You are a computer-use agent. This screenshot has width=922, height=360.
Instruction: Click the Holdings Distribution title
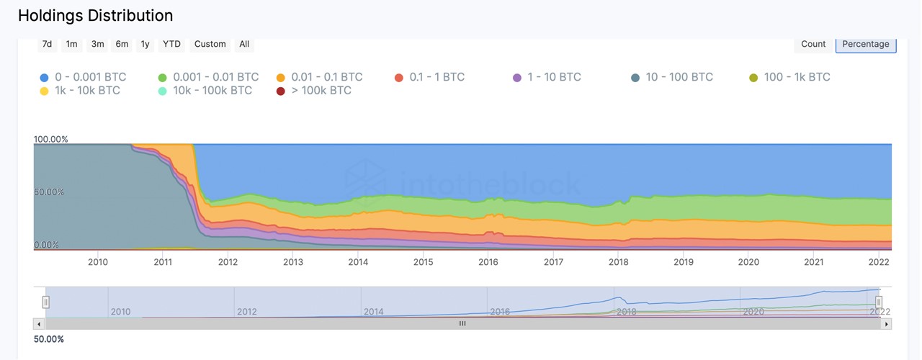95,15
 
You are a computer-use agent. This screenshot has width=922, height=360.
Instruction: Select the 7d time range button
47,44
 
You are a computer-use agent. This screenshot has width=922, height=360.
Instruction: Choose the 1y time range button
145,44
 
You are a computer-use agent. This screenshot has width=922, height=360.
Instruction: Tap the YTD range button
171,44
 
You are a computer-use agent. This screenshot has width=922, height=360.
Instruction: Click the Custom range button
210,44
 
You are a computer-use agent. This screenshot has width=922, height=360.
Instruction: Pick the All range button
244,44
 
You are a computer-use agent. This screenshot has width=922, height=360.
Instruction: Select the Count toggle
813,44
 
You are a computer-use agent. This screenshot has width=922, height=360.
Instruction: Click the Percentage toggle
865,44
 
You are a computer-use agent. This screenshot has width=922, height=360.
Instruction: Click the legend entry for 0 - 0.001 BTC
83,77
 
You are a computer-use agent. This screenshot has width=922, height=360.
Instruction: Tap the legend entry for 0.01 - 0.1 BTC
319,77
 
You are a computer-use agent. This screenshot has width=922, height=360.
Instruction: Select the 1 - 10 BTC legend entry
547,77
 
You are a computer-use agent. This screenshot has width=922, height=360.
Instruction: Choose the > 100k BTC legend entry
314,91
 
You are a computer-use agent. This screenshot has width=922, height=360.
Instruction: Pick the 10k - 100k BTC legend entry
205,91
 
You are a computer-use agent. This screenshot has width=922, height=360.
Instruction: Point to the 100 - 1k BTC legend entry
789,77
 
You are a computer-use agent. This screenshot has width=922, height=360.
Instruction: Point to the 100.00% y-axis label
50,139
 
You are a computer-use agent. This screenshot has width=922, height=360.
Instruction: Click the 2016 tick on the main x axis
488,262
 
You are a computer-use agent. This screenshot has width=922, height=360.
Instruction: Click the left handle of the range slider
45,302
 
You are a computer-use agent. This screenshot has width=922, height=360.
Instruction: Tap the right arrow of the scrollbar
887,324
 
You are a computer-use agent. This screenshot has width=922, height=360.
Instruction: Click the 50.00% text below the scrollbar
49,339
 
